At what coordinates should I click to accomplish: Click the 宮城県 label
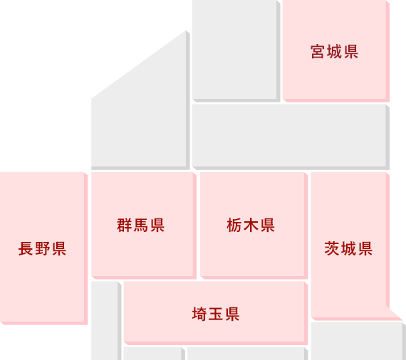tap(334, 52)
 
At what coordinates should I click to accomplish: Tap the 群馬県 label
tap(140, 226)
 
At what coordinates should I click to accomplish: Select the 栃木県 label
tap(251, 226)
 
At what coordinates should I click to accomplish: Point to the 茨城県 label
tap(348, 249)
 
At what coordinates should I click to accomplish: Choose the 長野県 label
tap(42, 249)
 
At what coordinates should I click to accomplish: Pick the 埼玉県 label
tap(216, 314)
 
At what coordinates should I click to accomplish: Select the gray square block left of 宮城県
tap(236, 51)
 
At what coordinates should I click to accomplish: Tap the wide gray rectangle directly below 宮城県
tap(291, 137)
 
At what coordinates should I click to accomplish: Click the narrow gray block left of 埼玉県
tap(106, 321)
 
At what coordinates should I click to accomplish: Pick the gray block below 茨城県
tap(358, 341)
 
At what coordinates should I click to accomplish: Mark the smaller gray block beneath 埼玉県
tap(154, 354)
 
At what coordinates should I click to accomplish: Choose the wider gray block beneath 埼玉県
tap(247, 354)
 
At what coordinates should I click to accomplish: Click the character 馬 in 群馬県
tap(140, 226)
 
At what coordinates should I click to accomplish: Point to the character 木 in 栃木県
tap(251, 226)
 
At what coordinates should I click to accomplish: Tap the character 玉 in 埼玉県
tap(216, 314)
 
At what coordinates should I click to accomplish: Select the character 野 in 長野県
tap(43, 249)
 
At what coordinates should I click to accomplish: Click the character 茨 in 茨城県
tap(332, 249)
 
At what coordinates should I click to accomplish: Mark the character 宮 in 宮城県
tap(318, 52)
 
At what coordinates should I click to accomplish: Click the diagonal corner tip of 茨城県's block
tap(402, 319)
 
